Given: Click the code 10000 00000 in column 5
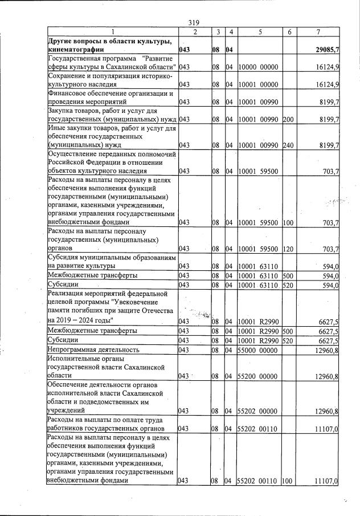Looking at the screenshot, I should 257,67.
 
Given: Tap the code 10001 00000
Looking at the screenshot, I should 257,85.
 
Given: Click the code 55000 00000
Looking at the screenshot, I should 257,349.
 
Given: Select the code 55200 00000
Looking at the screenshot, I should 257,376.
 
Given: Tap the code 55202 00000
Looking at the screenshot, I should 257,411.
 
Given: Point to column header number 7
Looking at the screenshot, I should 322,31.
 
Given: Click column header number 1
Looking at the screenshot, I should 112,31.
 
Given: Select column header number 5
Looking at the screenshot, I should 259,31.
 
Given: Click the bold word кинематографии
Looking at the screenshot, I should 77,50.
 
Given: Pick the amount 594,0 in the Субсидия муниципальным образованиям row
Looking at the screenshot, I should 330,266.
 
